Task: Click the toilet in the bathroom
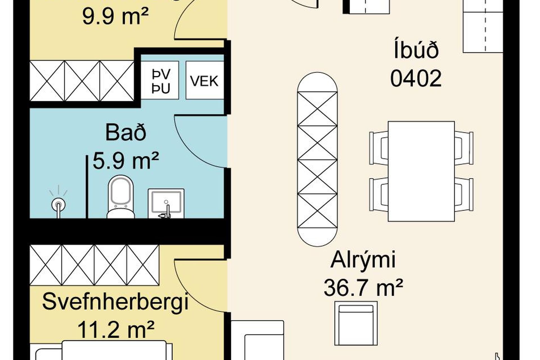(x=121, y=197)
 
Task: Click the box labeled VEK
(x=204, y=81)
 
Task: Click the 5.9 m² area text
(x=126, y=161)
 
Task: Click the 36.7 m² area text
(x=363, y=287)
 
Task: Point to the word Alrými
(x=363, y=260)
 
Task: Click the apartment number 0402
(x=416, y=79)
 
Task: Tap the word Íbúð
(x=416, y=51)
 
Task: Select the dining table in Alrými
(x=421, y=172)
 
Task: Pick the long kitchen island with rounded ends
(x=317, y=159)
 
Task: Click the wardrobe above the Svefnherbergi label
(x=94, y=265)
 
